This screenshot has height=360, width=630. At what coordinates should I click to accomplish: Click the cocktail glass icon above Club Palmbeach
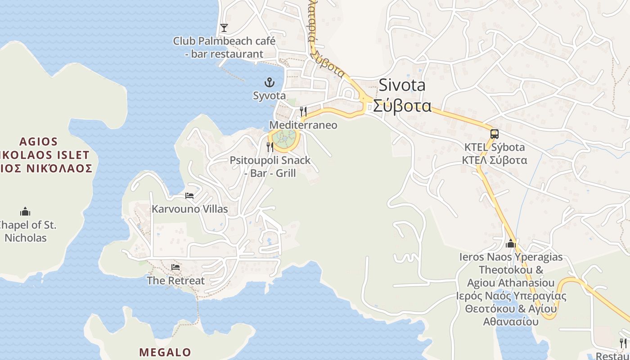pyautogui.click(x=224, y=28)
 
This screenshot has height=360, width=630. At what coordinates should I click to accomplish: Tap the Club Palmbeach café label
pyautogui.click(x=224, y=47)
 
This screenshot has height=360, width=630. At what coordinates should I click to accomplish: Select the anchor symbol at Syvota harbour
pyautogui.click(x=269, y=82)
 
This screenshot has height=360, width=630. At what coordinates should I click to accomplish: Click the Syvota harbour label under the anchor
pyautogui.click(x=269, y=95)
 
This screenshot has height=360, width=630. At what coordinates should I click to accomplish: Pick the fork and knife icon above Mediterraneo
pyautogui.click(x=303, y=111)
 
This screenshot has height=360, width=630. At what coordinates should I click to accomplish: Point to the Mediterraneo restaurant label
pyautogui.click(x=303, y=125)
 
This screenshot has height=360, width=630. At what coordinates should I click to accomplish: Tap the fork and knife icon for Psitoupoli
pyautogui.click(x=270, y=146)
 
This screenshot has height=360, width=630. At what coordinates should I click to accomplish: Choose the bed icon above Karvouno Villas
pyautogui.click(x=189, y=196)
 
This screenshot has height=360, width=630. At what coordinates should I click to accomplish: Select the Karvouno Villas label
pyautogui.click(x=189, y=209)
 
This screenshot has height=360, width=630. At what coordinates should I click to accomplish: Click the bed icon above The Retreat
pyautogui.click(x=175, y=267)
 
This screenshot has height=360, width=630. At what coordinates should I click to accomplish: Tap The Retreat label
pyautogui.click(x=175, y=280)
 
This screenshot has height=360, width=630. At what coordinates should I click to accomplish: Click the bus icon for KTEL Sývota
pyautogui.click(x=494, y=134)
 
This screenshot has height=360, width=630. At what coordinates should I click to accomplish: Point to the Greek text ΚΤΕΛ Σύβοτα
pyautogui.click(x=495, y=160)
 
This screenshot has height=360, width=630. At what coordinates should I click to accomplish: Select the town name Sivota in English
pyautogui.click(x=402, y=85)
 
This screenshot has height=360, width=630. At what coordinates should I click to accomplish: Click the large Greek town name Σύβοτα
pyautogui.click(x=402, y=105)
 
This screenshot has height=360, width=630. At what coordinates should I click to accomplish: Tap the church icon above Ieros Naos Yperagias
pyautogui.click(x=510, y=243)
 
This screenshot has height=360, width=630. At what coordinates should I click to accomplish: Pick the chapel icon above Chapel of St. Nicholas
pyautogui.click(x=25, y=211)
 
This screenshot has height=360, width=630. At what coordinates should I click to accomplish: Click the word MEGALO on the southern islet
pyautogui.click(x=165, y=352)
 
